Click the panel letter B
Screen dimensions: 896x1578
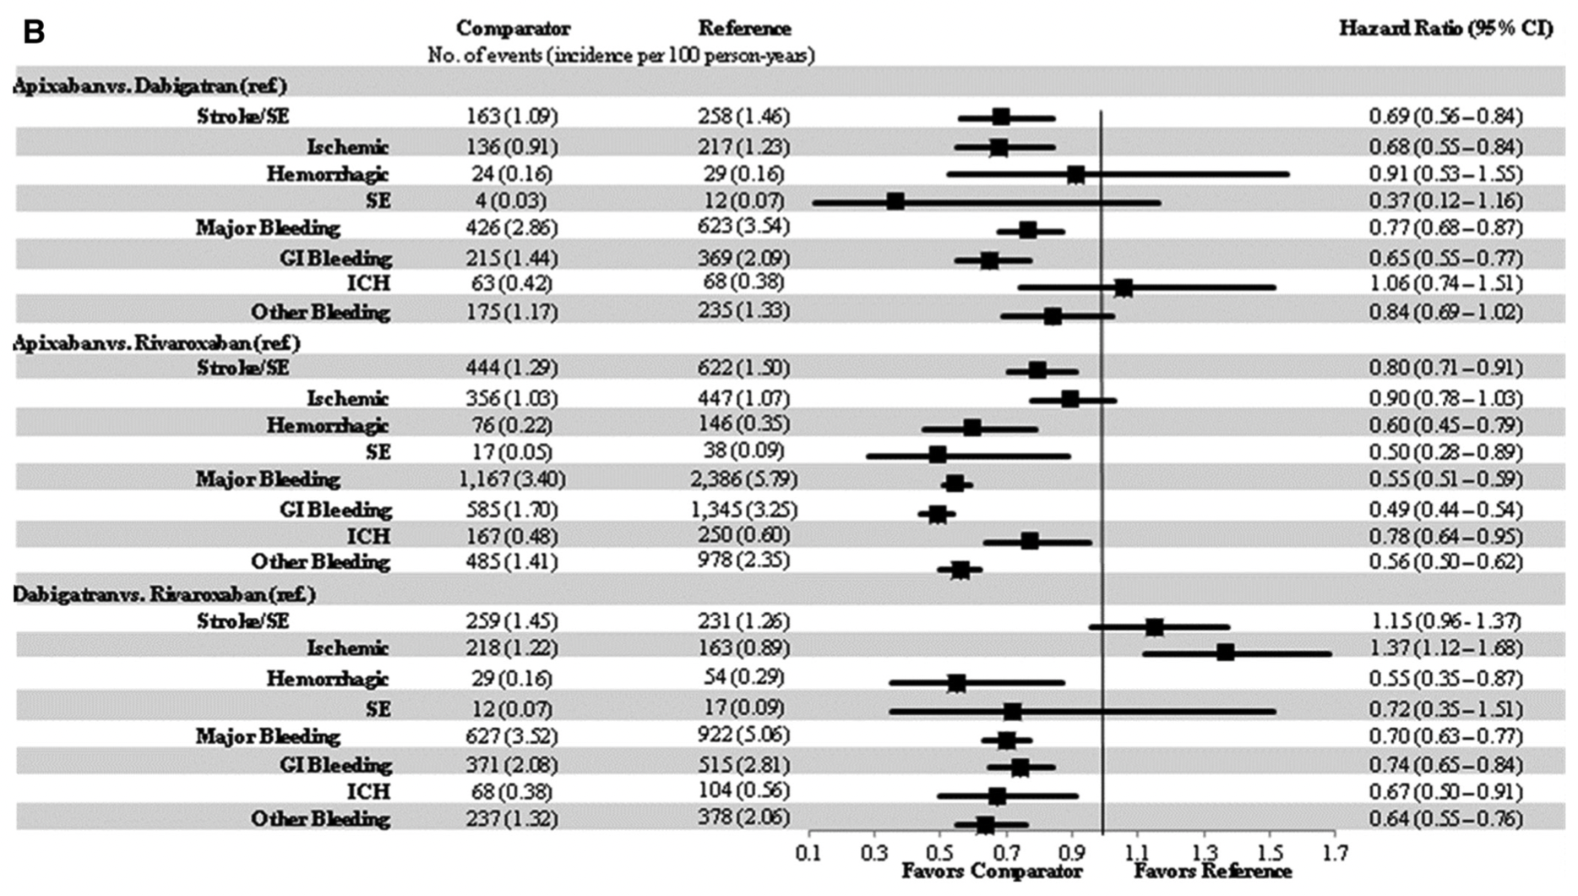[x=33, y=32]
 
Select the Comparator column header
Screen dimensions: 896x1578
[x=513, y=29]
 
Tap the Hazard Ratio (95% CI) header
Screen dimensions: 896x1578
[x=1445, y=29]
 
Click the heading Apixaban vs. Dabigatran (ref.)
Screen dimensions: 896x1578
[x=150, y=86]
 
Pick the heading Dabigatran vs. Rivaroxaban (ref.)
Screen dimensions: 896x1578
[x=165, y=594]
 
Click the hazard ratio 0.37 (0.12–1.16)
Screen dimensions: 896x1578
[x=1445, y=201]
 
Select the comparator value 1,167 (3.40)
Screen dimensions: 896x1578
[x=512, y=479]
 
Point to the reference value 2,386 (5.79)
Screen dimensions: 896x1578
[x=743, y=479]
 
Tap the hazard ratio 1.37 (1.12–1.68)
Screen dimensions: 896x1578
[x=1445, y=648]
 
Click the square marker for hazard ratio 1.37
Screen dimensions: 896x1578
[x=1226, y=652]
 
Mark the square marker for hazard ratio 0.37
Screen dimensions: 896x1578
[x=895, y=201]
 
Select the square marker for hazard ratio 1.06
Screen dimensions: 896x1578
[x=1124, y=288]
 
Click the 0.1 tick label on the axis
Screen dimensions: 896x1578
[x=808, y=853]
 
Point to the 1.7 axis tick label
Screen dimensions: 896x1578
[x=1335, y=853]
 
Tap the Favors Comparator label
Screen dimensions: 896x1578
[x=992, y=871]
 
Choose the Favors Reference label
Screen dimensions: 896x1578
[x=1212, y=871]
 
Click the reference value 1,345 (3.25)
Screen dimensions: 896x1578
[x=743, y=510]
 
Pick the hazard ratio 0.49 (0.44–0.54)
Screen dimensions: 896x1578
[x=1445, y=510]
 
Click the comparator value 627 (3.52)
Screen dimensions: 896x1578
[x=512, y=736]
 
